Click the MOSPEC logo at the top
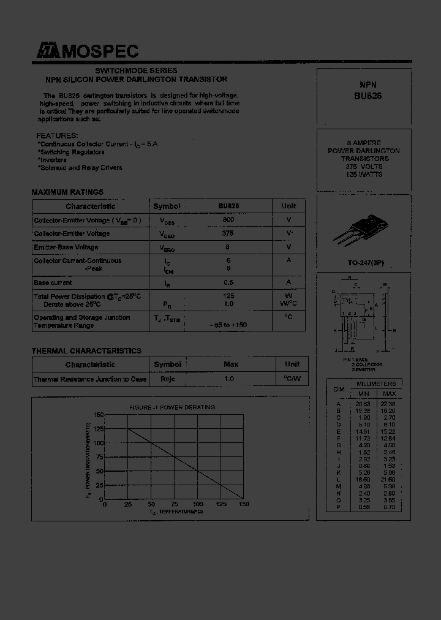click(x=86, y=52)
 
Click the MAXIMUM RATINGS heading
click(x=67, y=192)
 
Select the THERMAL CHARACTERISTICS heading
click(x=86, y=351)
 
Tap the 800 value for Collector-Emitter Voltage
click(x=228, y=219)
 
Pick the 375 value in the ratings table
click(x=228, y=233)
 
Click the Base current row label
click(x=53, y=283)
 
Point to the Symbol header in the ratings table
click(x=167, y=206)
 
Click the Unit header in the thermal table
click(x=292, y=365)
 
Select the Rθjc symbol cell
click(x=167, y=379)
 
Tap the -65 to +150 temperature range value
click(x=228, y=325)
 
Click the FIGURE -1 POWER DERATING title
click(x=172, y=407)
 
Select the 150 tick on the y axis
click(x=99, y=415)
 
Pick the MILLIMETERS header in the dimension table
click(x=376, y=384)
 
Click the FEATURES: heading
click(x=57, y=135)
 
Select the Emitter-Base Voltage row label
click(x=66, y=248)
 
